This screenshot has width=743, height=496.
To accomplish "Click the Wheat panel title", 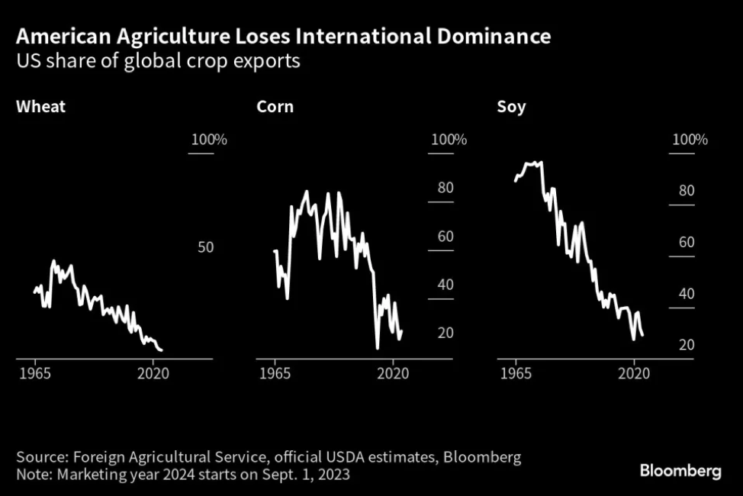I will [x=40, y=106].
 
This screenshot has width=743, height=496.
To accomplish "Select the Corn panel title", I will [x=275, y=106].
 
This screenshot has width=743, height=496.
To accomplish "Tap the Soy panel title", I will [x=510, y=106].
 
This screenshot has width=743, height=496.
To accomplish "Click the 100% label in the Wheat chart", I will [x=208, y=140].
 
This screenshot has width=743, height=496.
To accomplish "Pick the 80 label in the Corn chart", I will [x=445, y=188].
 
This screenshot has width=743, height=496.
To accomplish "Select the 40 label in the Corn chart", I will [x=445, y=285].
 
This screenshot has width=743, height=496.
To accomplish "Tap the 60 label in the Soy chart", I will [x=686, y=242].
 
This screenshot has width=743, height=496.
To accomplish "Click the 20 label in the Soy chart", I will [x=686, y=345].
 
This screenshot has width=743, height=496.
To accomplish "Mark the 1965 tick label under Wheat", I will [x=35, y=373].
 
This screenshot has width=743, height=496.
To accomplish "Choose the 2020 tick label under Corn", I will [x=394, y=373].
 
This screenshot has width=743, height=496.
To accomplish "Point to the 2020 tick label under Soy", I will [x=633, y=373].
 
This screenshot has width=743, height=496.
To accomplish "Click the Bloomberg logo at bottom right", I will [x=680, y=471].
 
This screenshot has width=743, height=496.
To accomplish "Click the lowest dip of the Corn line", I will [x=377, y=348].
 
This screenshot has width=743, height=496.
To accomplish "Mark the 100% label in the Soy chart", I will [x=690, y=140].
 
